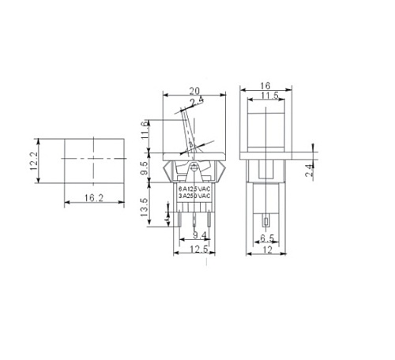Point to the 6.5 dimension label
(266, 237)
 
